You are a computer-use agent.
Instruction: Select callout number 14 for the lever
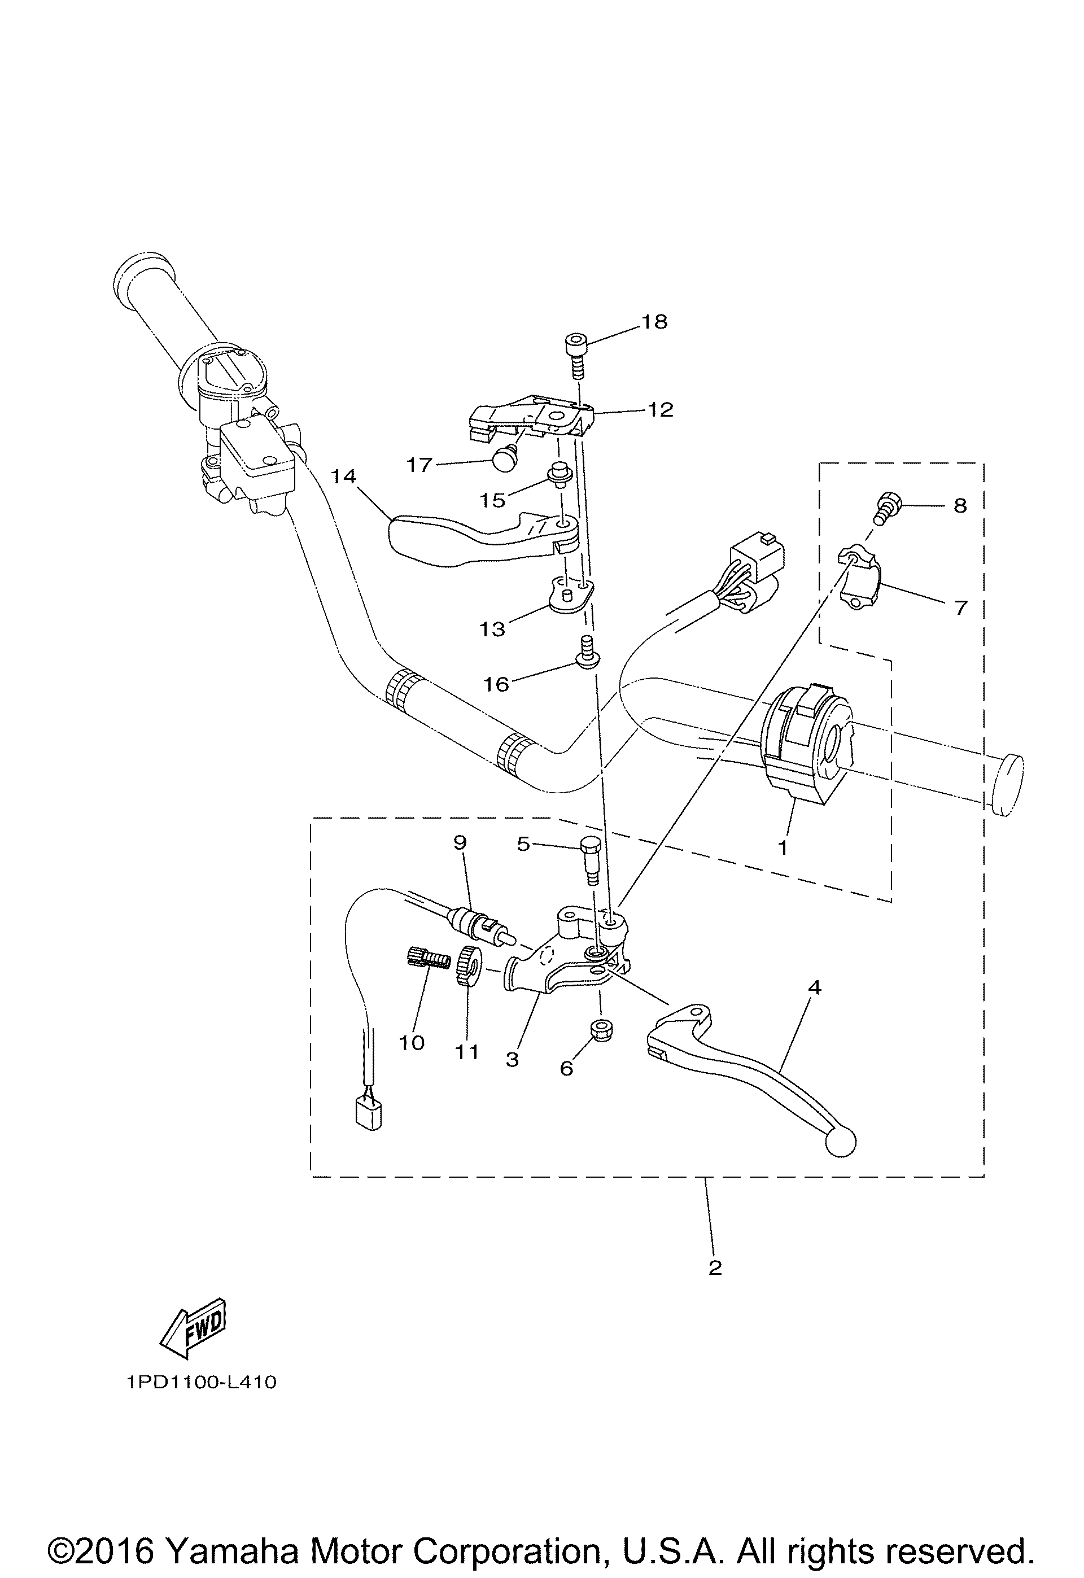click(x=344, y=477)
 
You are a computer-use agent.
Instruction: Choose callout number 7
click(x=960, y=606)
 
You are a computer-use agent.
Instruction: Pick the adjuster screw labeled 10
click(x=427, y=959)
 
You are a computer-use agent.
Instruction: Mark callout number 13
click(x=492, y=629)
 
